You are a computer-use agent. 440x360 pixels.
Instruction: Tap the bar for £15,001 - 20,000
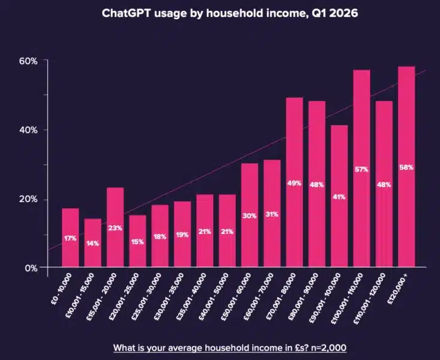click(x=115, y=227)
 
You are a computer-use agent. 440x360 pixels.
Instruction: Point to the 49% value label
click(x=294, y=184)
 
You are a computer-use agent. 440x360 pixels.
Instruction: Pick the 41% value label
click(x=339, y=197)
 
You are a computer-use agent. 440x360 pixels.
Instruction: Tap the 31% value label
click(x=272, y=214)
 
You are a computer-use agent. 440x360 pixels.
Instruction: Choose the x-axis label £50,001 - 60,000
click(x=239, y=293)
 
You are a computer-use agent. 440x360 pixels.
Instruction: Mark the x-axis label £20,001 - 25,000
click(x=127, y=293)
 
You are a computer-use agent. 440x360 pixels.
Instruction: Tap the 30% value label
click(x=249, y=216)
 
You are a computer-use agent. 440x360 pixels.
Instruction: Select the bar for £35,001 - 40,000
click(x=205, y=231)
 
